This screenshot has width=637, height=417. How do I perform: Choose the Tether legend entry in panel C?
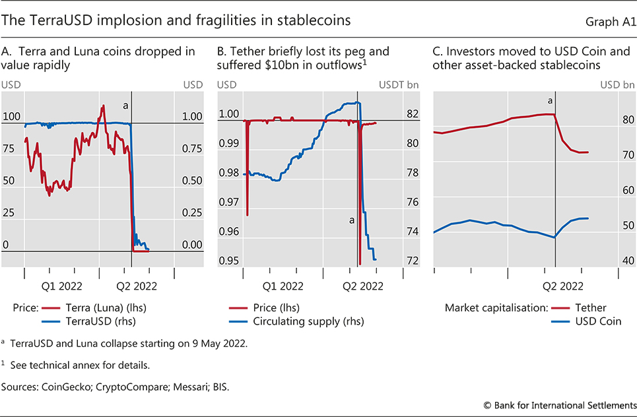pos(590,307)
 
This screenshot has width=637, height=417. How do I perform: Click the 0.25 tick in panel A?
pos(191,212)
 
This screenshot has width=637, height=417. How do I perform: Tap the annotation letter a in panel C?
pos(549,101)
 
